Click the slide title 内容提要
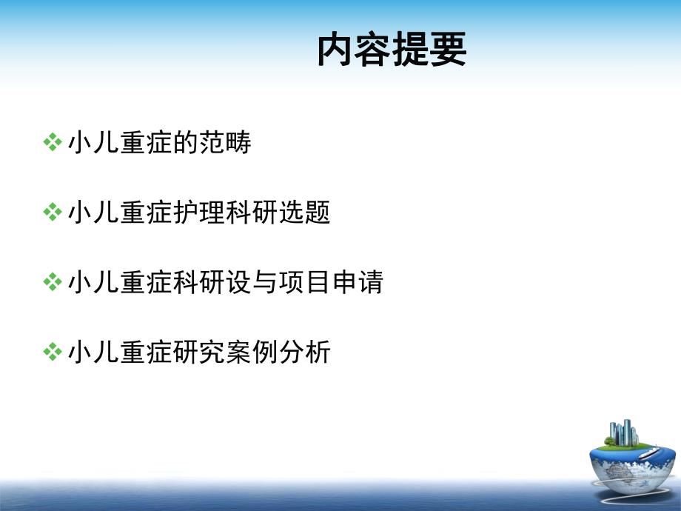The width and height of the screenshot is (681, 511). pyautogui.click(x=392, y=51)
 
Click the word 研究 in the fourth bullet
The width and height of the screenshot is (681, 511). pyautogui.click(x=200, y=353)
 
